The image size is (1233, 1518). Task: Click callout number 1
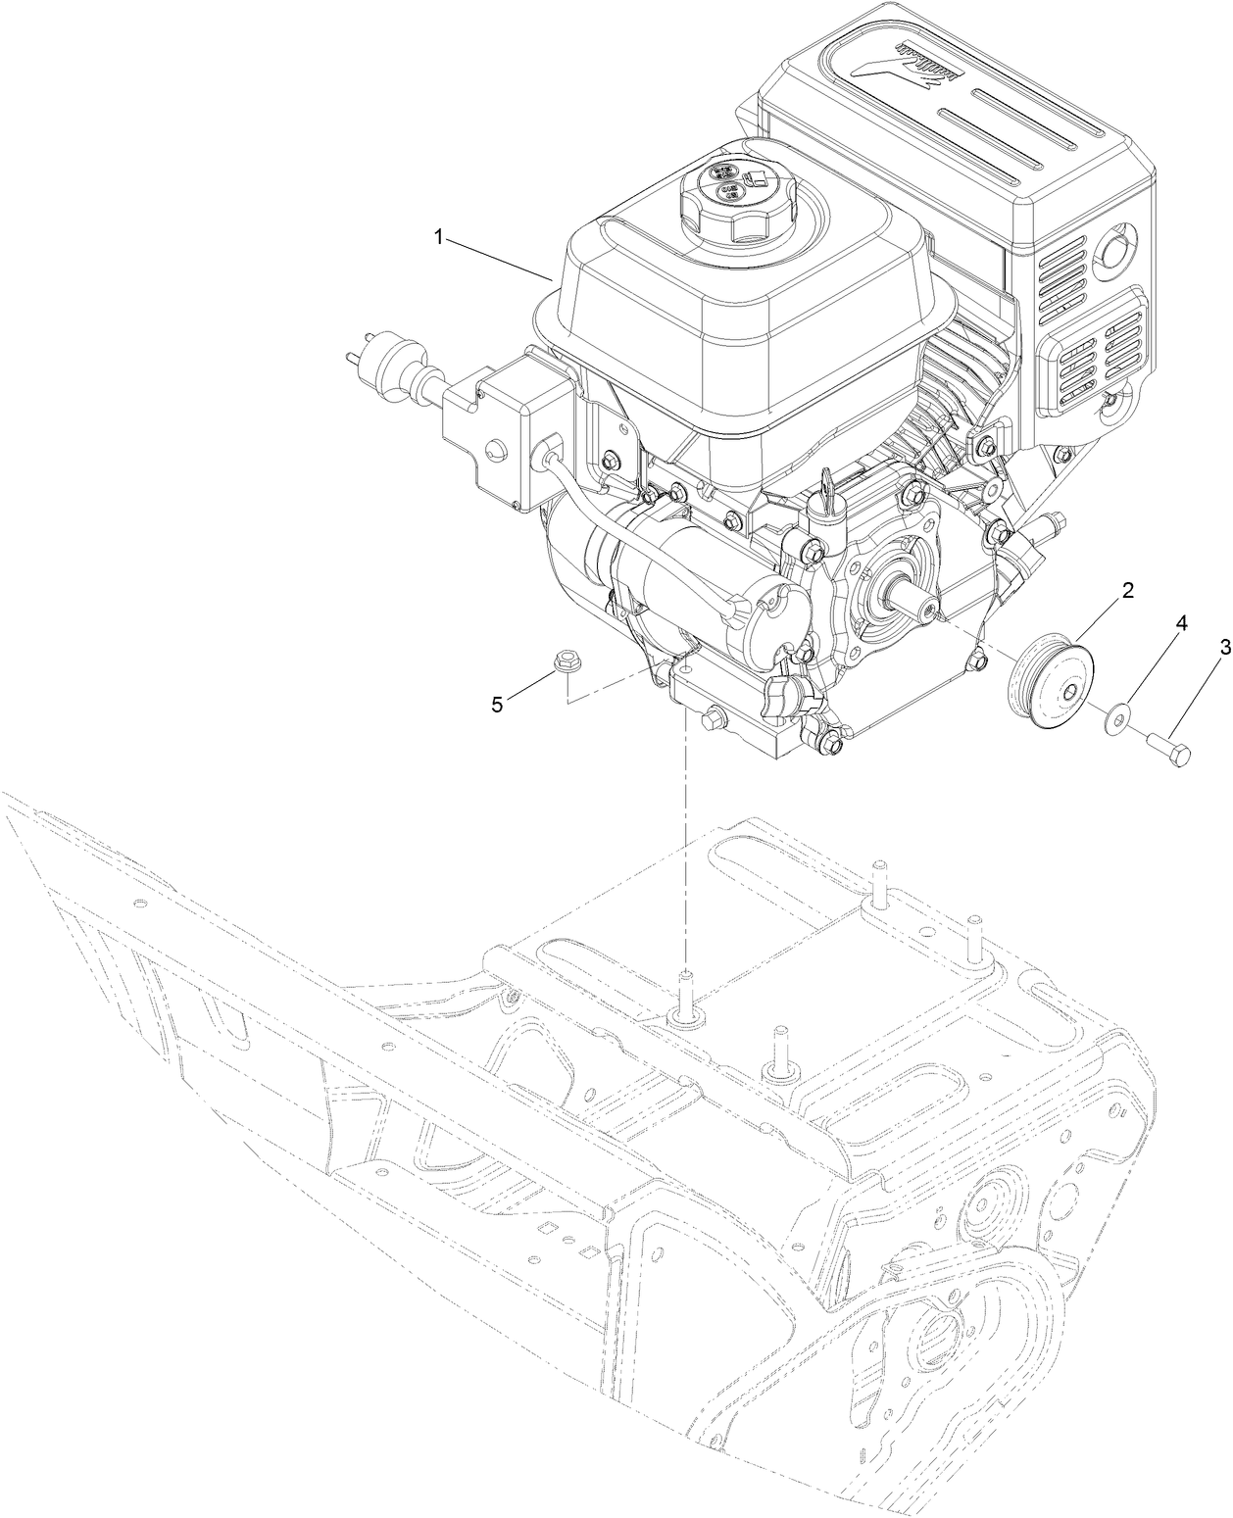[441, 237]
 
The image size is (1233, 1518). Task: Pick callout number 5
[498, 704]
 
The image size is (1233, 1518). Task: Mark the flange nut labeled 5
[565, 663]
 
